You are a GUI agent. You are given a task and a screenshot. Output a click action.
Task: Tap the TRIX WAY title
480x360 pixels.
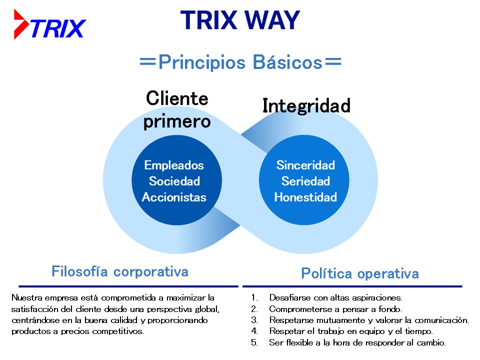(x=240, y=20)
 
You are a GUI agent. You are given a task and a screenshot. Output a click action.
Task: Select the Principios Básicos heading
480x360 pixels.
(x=240, y=62)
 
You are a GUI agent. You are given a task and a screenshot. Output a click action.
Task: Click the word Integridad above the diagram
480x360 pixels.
(x=306, y=106)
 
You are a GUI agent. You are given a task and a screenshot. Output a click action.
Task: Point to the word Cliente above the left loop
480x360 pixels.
(x=177, y=98)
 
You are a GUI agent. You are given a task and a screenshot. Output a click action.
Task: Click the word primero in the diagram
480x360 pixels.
(x=177, y=121)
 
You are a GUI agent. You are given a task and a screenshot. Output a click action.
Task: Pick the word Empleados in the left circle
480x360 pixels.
(x=174, y=165)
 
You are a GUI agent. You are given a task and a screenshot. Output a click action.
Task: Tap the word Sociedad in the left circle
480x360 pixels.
(x=174, y=181)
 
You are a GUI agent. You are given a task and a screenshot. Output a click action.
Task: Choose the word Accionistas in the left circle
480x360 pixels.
(x=174, y=197)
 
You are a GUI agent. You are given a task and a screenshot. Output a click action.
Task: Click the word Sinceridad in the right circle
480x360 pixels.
(x=305, y=165)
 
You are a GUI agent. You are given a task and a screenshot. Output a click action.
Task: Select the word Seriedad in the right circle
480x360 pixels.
(x=305, y=181)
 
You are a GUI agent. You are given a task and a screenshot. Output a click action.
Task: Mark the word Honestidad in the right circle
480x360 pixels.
(x=305, y=197)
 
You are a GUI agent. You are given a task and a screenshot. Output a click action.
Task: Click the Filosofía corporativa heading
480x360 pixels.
(x=120, y=271)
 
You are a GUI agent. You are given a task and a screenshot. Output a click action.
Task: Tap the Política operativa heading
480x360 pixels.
(x=360, y=273)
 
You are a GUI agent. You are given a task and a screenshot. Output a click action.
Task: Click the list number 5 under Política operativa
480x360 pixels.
(x=254, y=342)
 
